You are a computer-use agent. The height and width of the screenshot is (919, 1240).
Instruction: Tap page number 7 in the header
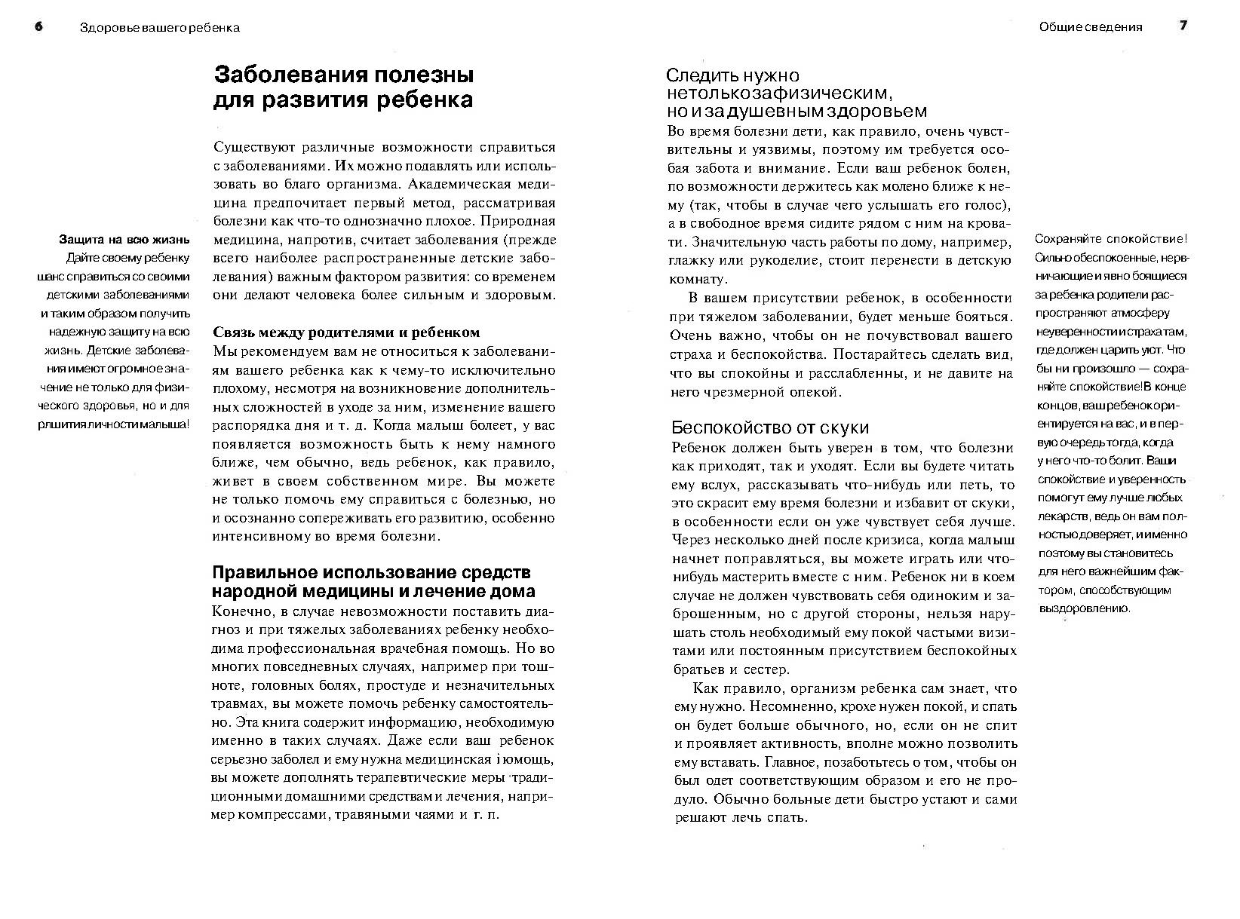pyautogui.click(x=1183, y=26)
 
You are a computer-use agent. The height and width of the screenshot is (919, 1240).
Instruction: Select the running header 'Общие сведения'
pyautogui.click(x=1090, y=27)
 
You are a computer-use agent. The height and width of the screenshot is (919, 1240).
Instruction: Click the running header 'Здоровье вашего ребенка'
pyautogui.click(x=159, y=28)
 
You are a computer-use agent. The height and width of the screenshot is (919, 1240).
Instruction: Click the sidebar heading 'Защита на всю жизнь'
pyautogui.click(x=124, y=240)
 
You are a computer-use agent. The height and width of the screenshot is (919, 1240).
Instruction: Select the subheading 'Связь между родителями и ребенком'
pyautogui.click(x=346, y=332)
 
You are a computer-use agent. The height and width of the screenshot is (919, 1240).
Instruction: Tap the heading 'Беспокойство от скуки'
pyautogui.click(x=770, y=427)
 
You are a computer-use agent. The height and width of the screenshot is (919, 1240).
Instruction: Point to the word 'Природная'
pyautogui.click(x=518, y=222)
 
